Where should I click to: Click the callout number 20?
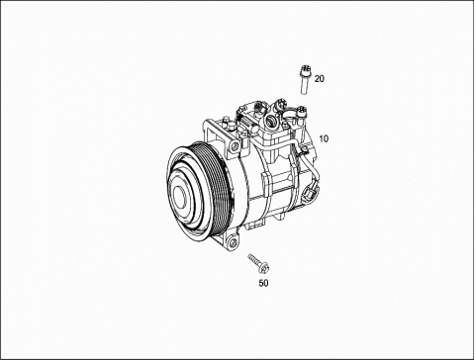[320, 79]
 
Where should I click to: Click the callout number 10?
[324, 138]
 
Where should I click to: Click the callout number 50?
[263, 283]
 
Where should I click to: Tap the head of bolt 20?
[305, 69]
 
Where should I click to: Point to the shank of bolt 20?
[304, 84]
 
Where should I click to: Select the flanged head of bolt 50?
[264, 267]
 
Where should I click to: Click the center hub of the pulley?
[180, 198]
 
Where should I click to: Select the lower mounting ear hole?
[234, 243]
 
